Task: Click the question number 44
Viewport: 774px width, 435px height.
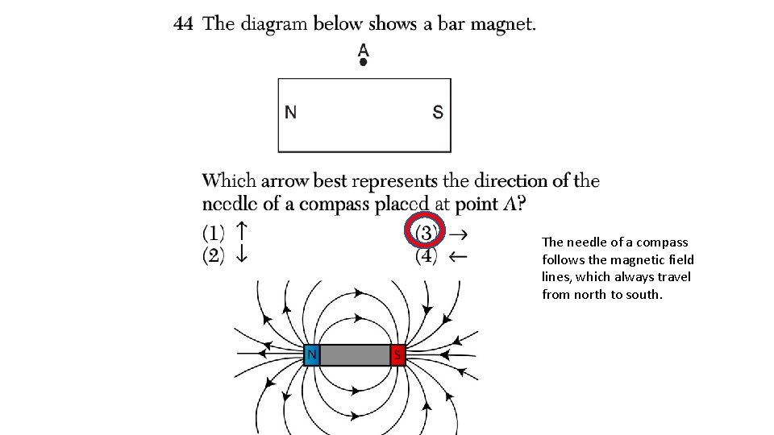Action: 183,24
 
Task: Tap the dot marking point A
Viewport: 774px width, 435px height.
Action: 364,61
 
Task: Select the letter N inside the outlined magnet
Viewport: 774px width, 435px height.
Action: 291,113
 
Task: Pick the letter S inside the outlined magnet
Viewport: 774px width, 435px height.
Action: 438,113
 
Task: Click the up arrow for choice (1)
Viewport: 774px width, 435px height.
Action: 239,231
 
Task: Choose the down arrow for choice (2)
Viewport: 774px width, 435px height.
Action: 239,255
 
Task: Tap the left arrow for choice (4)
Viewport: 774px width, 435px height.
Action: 457,257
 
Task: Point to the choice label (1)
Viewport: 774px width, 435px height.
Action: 213,233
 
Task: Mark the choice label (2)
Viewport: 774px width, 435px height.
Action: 213,256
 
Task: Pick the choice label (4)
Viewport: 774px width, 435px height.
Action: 427,257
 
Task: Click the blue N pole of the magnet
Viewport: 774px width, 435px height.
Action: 311,354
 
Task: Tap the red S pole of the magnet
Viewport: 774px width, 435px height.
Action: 397,354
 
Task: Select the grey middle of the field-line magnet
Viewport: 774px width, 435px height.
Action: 355,354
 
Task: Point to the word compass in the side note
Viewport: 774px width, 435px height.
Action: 660,242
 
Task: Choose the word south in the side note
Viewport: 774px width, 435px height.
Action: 645,295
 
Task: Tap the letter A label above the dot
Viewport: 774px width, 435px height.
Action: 364,48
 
